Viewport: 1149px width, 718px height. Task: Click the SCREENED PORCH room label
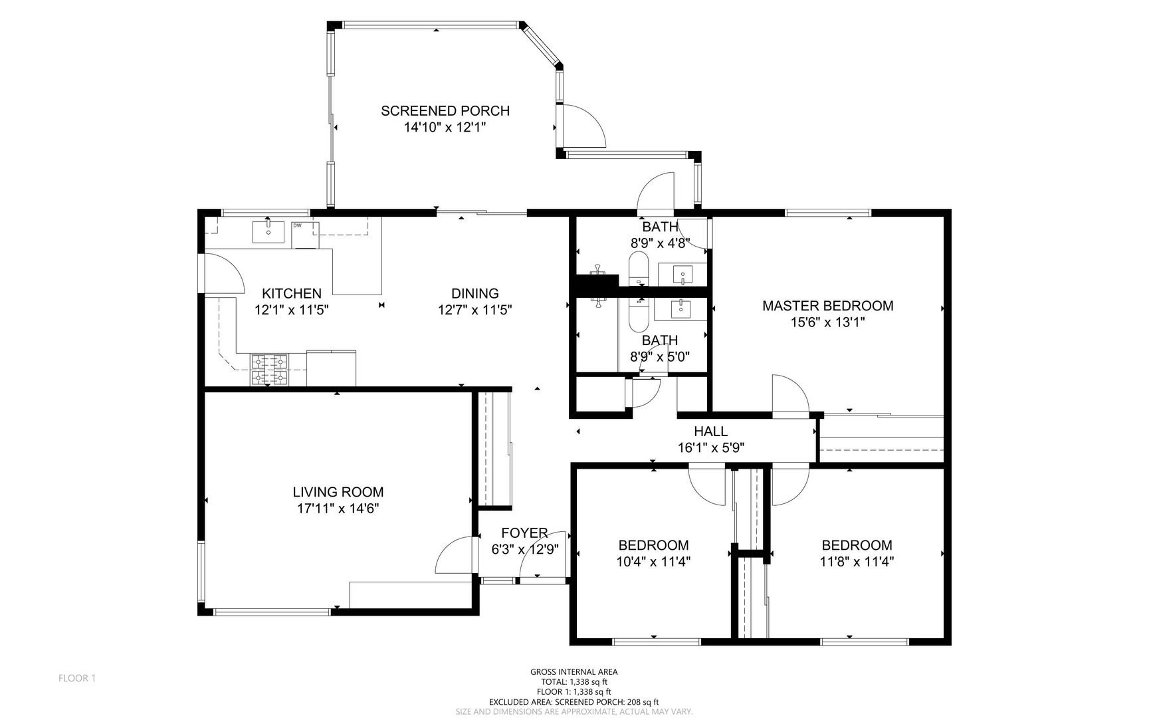coord(445,111)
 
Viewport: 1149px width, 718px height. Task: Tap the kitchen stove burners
coord(270,370)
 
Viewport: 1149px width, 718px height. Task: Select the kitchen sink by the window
coord(268,232)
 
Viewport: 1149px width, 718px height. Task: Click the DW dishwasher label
coord(297,225)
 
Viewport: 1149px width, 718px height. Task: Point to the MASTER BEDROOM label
coord(827,306)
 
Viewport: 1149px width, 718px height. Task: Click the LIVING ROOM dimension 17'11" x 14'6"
coord(338,509)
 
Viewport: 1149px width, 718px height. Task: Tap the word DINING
coord(474,293)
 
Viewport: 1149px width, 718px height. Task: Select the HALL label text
coord(710,431)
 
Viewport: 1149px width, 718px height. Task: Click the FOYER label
coord(524,533)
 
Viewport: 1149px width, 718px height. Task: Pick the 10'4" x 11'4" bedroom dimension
coord(653,561)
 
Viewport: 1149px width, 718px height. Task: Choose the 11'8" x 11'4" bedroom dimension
coord(857,561)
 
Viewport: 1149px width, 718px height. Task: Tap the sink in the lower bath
coord(680,308)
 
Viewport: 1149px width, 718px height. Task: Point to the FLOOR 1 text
coord(77,678)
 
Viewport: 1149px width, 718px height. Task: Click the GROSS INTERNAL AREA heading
coord(574,672)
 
